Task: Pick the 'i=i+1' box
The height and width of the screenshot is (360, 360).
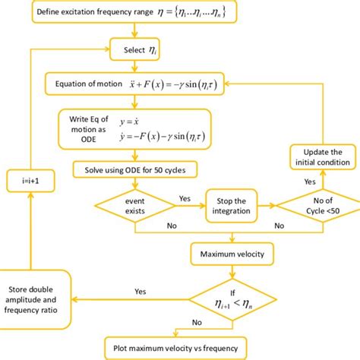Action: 27,182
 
